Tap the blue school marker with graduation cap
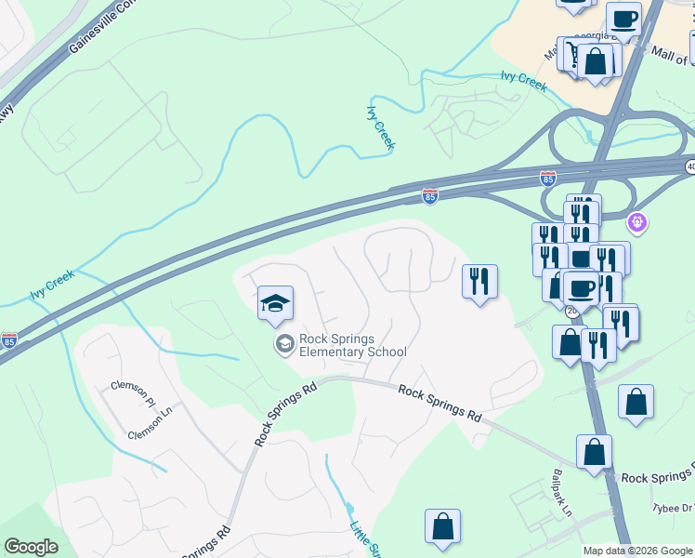[x=275, y=303]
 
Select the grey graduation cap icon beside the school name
[x=284, y=345]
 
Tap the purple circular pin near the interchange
[x=636, y=222]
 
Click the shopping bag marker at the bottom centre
[x=443, y=525]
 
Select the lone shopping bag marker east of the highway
[x=636, y=403]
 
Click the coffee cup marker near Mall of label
[x=623, y=19]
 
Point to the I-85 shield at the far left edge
[x=8, y=340]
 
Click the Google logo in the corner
[x=31, y=547]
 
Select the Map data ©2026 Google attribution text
[x=638, y=551]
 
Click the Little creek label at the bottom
[x=363, y=538]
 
